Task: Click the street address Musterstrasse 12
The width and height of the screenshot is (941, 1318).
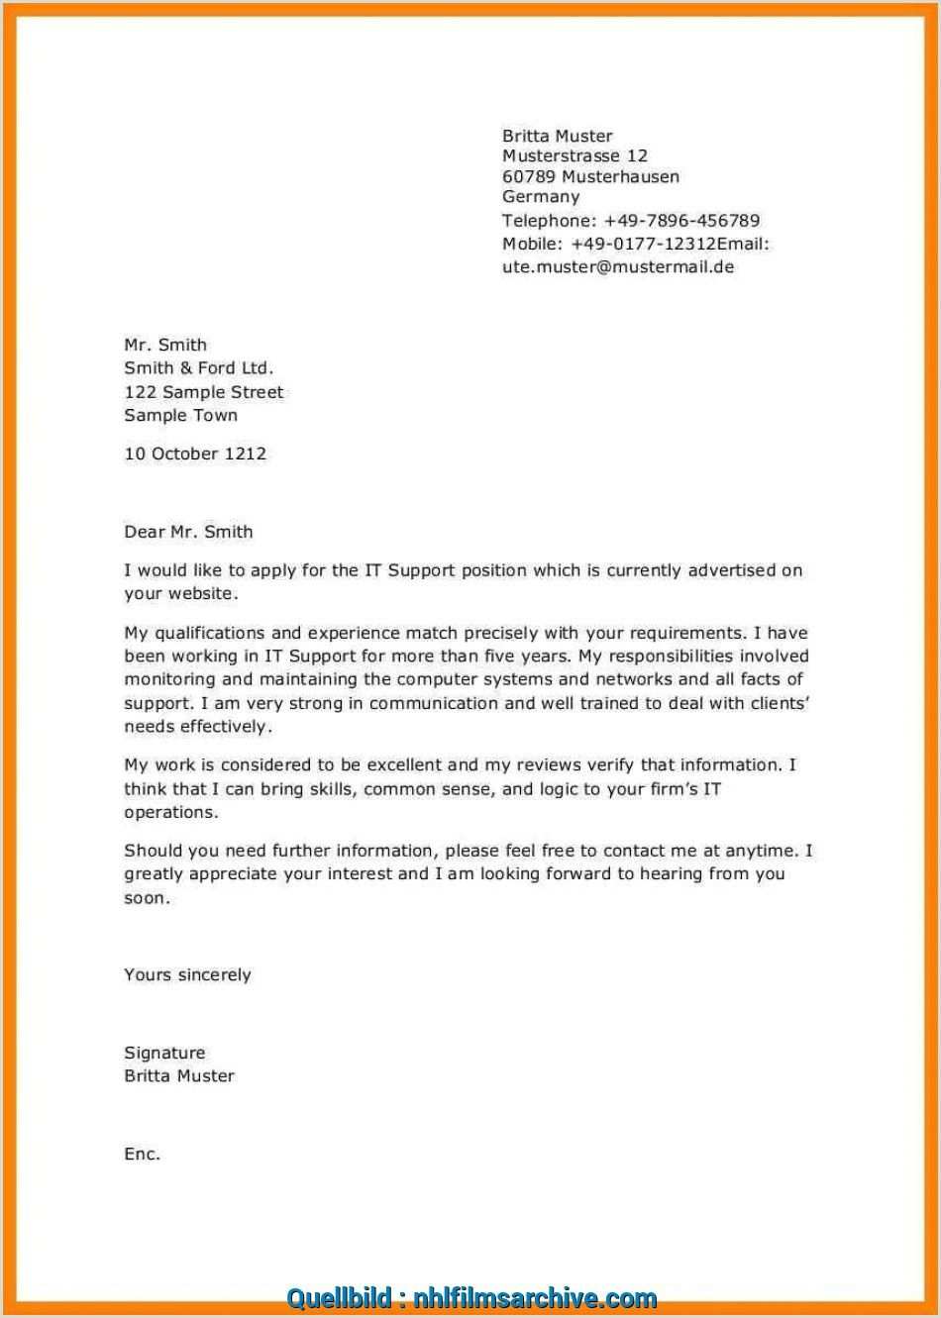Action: tap(575, 156)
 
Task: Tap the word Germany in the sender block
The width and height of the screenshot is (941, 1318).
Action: tap(541, 197)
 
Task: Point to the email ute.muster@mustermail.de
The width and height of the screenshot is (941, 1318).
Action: tap(618, 267)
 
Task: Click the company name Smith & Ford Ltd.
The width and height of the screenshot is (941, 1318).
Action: tap(198, 368)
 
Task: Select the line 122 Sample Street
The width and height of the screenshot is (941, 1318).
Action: tap(203, 392)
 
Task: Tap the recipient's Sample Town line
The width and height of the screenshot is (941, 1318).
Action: tap(180, 416)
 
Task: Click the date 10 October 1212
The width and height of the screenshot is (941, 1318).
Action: tap(195, 455)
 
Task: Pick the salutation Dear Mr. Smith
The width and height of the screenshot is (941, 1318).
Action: tap(188, 532)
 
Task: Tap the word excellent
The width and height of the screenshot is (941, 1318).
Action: tap(404, 765)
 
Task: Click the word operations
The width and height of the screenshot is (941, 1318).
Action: tap(169, 813)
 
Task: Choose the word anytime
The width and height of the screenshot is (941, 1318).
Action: tap(762, 851)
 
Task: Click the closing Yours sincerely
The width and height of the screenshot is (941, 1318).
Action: tap(187, 975)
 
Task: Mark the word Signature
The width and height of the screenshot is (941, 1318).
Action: tap(164, 1054)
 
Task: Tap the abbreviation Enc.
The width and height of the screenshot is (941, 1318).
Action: tap(142, 1155)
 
